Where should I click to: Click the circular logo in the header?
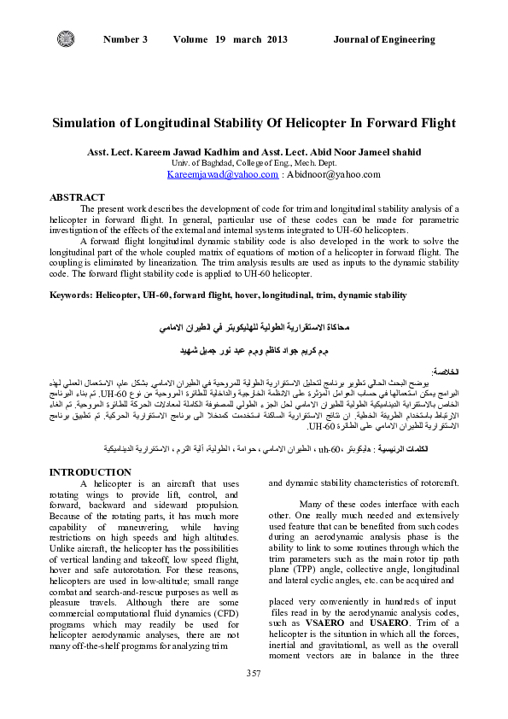click(x=66, y=39)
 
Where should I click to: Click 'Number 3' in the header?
click(x=126, y=39)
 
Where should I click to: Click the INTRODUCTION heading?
click(x=91, y=472)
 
